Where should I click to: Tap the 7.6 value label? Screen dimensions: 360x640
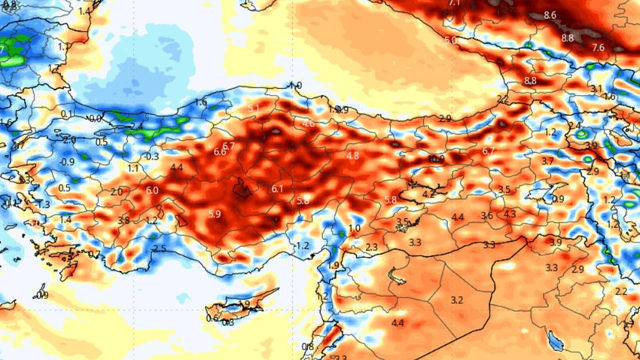[599, 47]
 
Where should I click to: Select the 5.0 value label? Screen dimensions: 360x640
[450, 40]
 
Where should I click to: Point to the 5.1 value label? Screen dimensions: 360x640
[254, 109]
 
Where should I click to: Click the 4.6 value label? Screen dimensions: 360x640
[308, 124]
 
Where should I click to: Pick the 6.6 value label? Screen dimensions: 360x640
[221, 151]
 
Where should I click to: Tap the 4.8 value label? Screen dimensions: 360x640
[352, 155]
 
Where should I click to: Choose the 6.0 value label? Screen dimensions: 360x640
[152, 191]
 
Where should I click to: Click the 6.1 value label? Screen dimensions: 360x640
[277, 188]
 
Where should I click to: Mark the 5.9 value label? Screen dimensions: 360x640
[215, 214]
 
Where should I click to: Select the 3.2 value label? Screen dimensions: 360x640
[456, 301]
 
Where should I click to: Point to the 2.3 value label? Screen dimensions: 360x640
[371, 247]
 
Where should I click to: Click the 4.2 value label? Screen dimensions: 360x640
[428, 194]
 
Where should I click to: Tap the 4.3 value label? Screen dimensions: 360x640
[510, 214]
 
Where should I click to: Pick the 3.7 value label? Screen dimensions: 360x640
[547, 161]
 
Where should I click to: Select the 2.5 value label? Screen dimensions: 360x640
[160, 249]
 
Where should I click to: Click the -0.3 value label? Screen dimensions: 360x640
[152, 157]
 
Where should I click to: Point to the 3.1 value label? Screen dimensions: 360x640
[596, 89]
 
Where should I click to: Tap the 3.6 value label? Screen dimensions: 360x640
[486, 216]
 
